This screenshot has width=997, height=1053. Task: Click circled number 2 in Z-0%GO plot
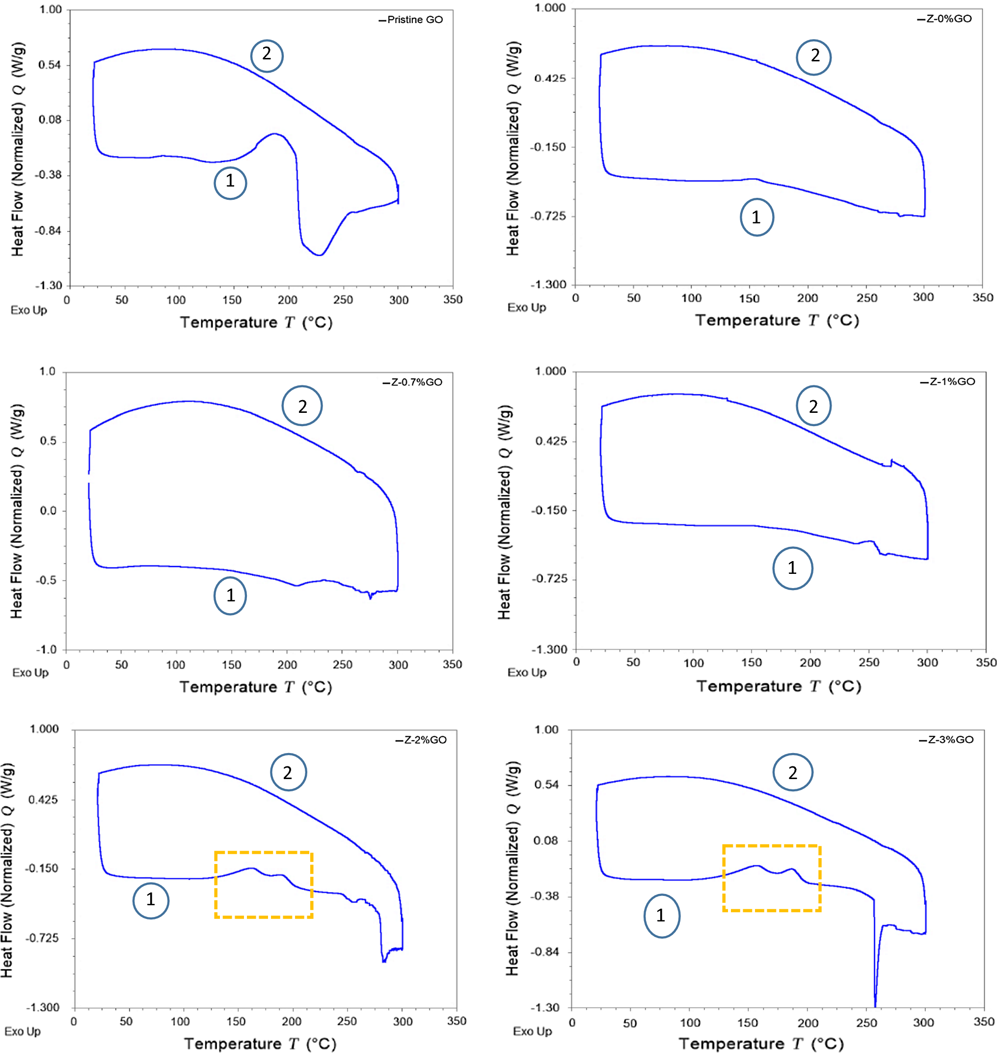[x=813, y=57]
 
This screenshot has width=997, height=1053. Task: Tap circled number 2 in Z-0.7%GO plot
[x=302, y=406]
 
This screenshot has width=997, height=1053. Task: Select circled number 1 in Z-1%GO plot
[x=792, y=568]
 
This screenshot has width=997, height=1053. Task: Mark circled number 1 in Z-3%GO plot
[x=662, y=916]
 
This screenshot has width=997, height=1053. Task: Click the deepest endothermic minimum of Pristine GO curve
[x=320, y=255]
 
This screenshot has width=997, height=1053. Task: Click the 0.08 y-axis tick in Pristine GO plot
[x=50, y=120]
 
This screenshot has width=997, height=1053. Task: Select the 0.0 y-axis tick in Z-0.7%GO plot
[x=48, y=511]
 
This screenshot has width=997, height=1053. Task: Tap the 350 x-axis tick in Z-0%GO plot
[x=983, y=297]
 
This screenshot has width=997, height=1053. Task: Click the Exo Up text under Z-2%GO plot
[x=22, y=1031]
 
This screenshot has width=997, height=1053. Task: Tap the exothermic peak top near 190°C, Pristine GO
[x=275, y=134]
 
